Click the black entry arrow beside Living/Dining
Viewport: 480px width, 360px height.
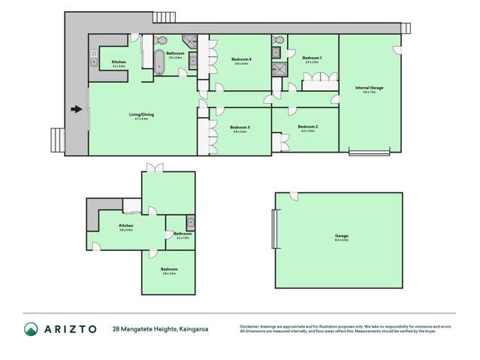click(76, 110)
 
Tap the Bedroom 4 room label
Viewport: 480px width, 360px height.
click(241, 62)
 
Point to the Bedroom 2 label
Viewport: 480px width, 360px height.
click(307, 126)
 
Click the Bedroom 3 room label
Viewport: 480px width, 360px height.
click(240, 128)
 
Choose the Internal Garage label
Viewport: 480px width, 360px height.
click(369, 88)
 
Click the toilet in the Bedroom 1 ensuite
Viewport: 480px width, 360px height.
click(279, 40)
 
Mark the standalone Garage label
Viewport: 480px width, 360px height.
click(341, 236)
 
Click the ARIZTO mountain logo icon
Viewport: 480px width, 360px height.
click(32, 328)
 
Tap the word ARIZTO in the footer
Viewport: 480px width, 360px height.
click(68, 328)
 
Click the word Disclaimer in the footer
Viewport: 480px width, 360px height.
click(250, 325)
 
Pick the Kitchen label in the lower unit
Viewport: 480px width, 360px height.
click(125, 225)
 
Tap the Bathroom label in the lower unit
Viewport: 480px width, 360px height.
click(183, 234)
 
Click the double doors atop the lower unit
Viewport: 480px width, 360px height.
click(154, 167)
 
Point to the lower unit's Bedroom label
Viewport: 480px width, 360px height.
click(168, 269)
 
